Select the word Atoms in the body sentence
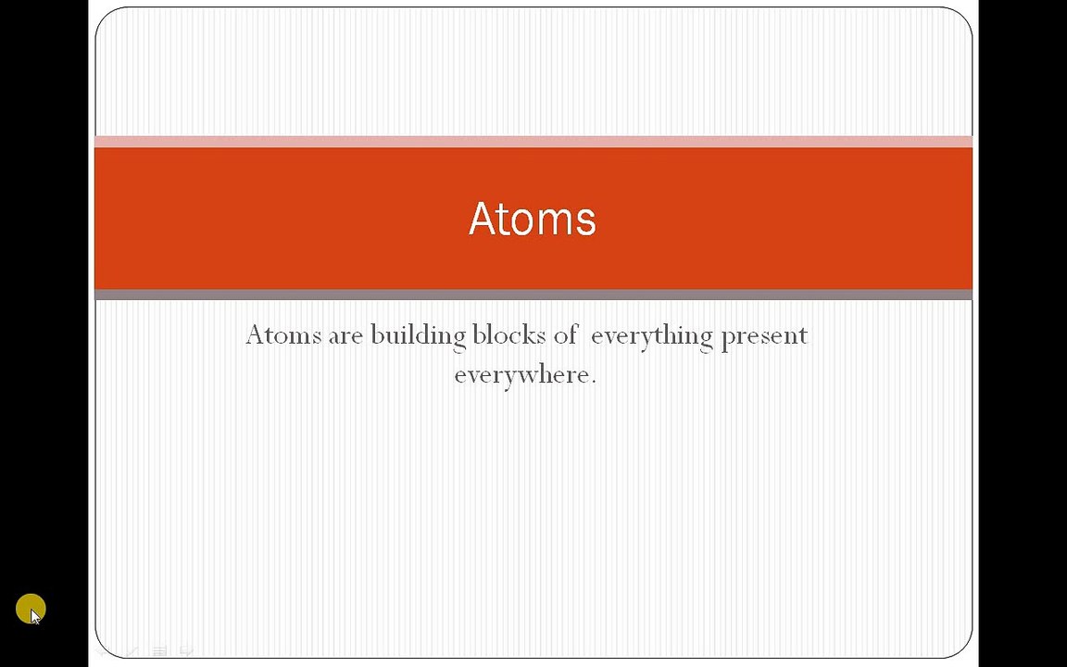(x=283, y=334)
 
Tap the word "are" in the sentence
(x=345, y=337)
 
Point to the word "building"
(x=419, y=335)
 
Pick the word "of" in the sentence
(x=566, y=334)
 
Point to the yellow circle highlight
(x=31, y=609)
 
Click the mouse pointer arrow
(x=35, y=617)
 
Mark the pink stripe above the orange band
(x=533, y=142)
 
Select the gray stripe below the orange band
(x=533, y=295)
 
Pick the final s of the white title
(x=586, y=222)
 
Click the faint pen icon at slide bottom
(x=132, y=651)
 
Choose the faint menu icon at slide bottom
(x=159, y=651)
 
